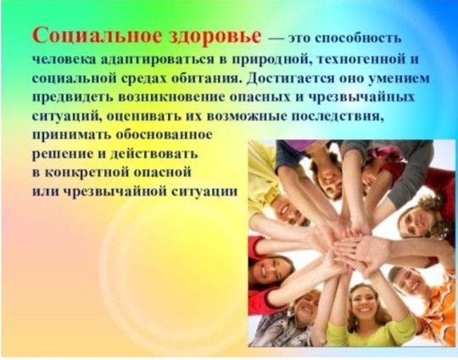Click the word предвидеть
[72, 98]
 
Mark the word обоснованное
[165, 135]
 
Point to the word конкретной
[87, 172]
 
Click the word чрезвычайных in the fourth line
[361, 98]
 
